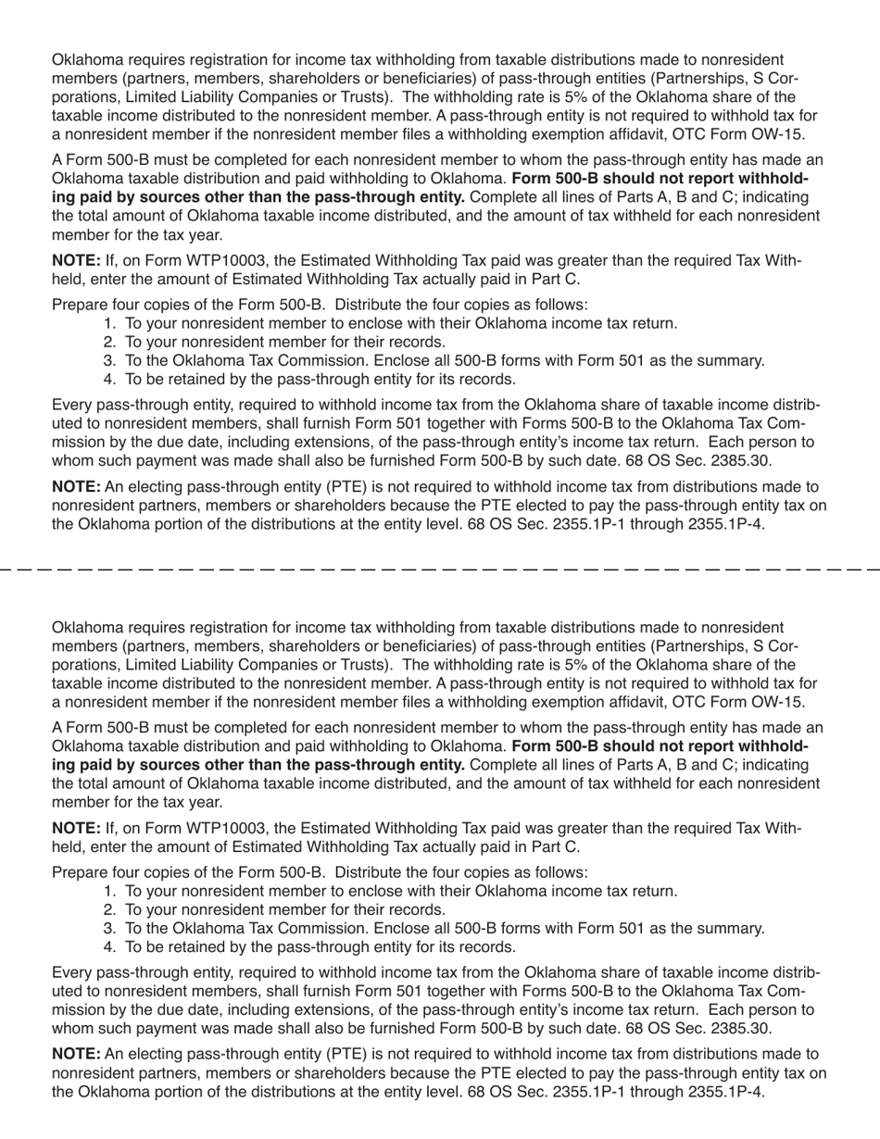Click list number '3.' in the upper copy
110,360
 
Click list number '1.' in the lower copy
110,891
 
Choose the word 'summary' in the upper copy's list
735,360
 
